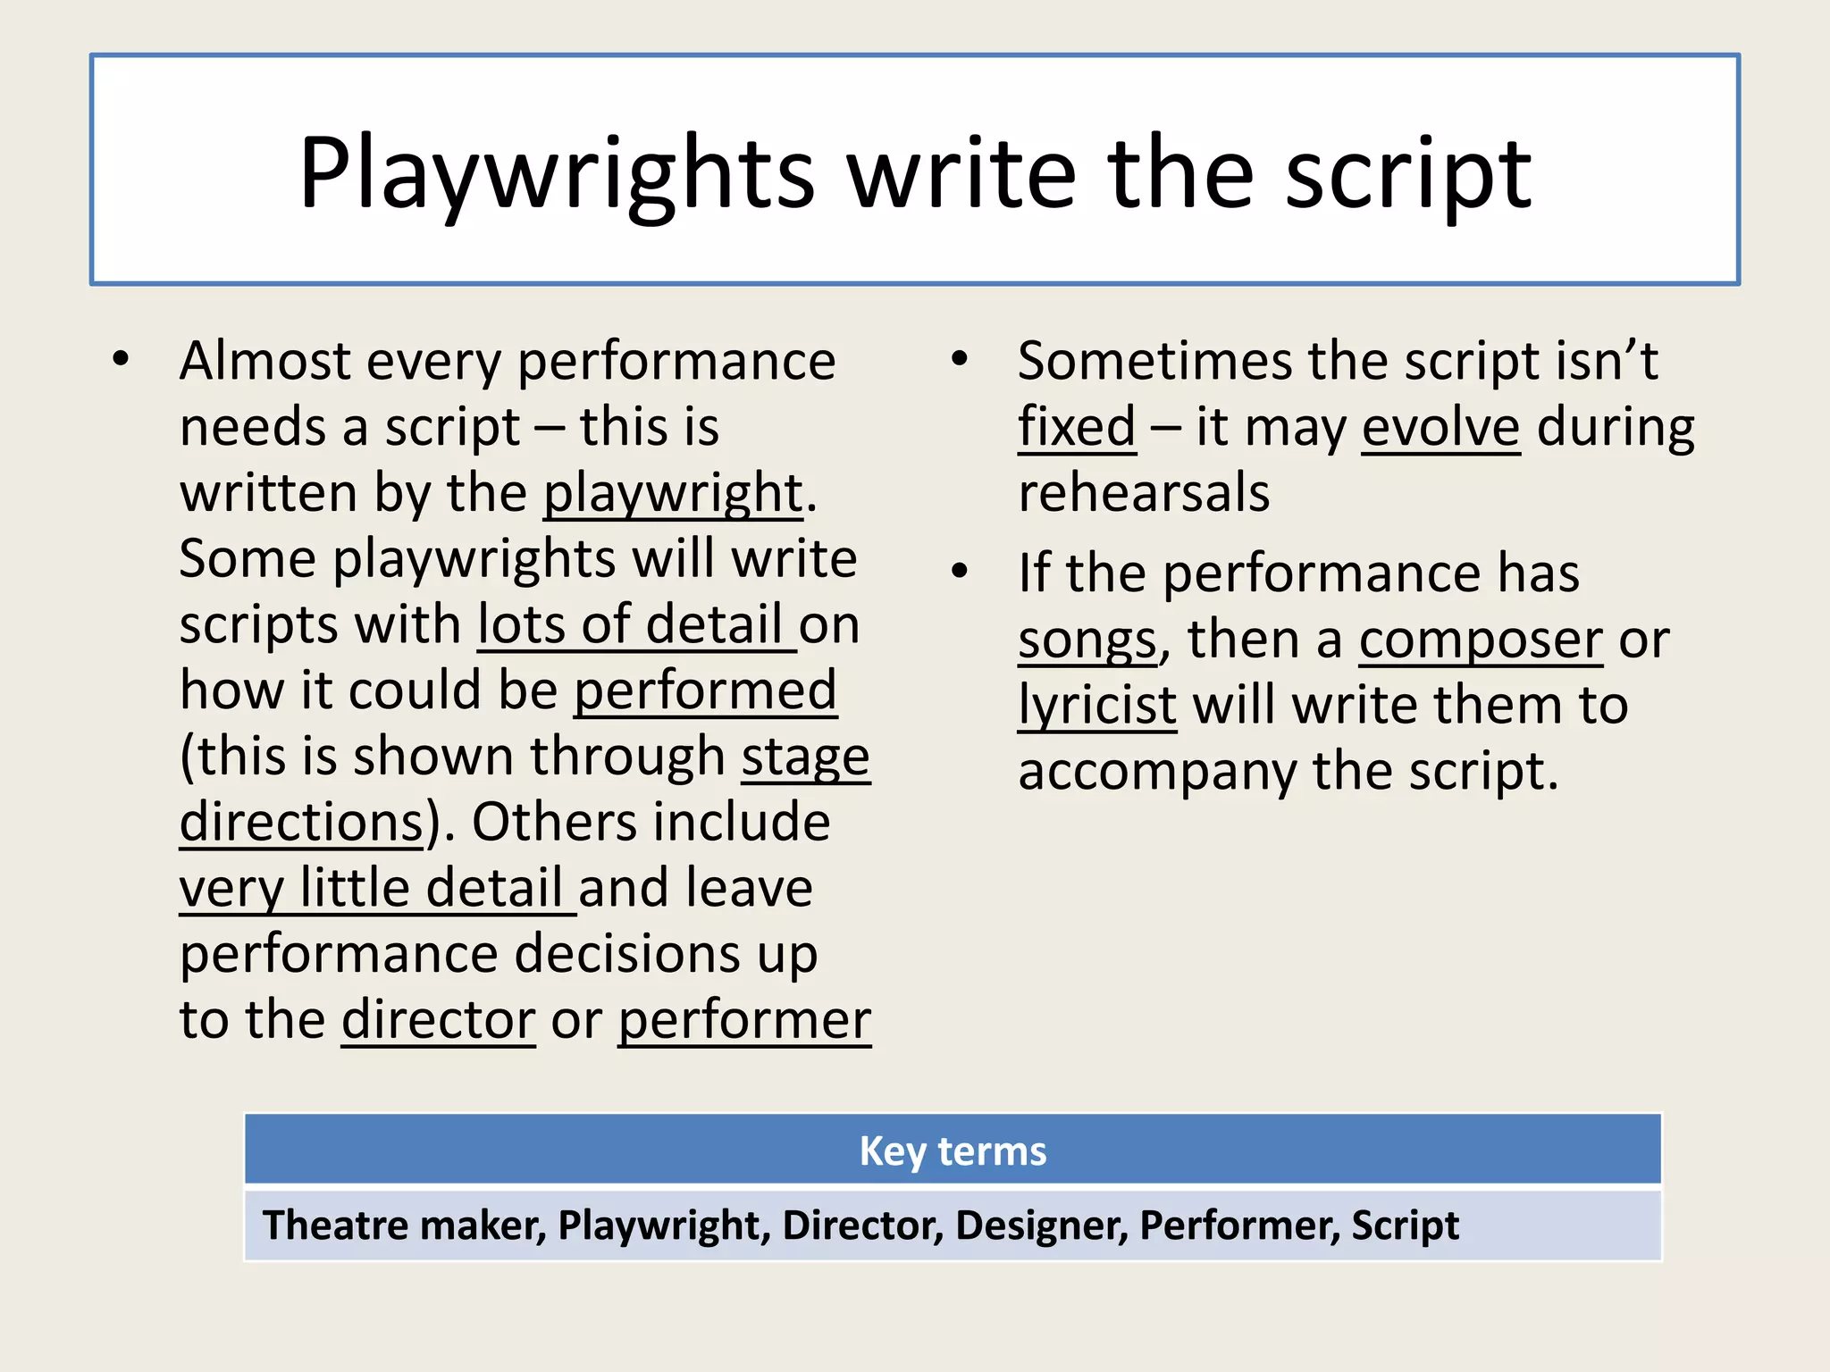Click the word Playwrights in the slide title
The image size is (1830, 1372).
[x=556, y=174]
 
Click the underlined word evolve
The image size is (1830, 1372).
[x=1440, y=427]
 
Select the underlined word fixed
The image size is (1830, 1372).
[x=1077, y=427]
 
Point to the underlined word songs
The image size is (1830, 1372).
[x=1087, y=640]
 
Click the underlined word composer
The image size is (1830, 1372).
[x=1481, y=640]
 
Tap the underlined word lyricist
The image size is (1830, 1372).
[x=1097, y=706]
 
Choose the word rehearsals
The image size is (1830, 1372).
[x=1144, y=493]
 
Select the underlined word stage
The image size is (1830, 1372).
[x=805, y=757]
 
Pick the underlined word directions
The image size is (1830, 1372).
[x=301, y=823]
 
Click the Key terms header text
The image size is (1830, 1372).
[x=953, y=1150]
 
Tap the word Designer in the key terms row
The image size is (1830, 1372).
[x=1039, y=1225]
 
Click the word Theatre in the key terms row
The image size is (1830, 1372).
[x=333, y=1225]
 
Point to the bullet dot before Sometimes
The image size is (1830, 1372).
[x=960, y=360]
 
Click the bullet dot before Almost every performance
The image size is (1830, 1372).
[x=121, y=360]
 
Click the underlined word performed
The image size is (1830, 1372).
[x=705, y=690]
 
